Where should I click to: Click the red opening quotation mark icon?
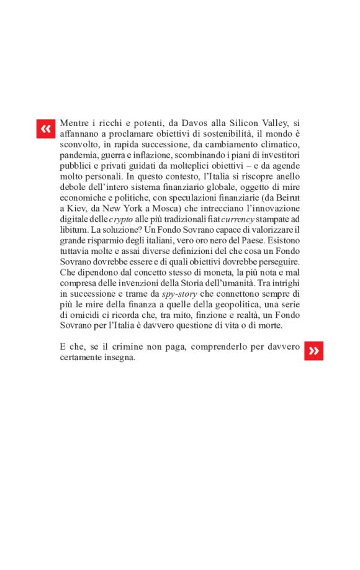pos(45,129)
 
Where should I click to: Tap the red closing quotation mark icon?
pos(313,351)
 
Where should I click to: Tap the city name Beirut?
pos(286,198)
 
